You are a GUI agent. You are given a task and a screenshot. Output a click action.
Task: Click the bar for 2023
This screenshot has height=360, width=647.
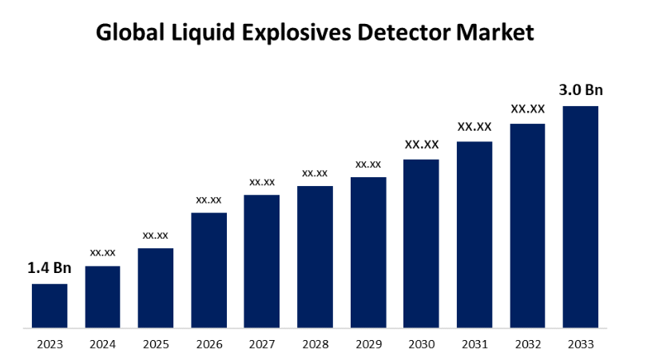coord(50,305)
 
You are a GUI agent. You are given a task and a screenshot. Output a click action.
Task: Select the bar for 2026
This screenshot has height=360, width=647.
coord(208,270)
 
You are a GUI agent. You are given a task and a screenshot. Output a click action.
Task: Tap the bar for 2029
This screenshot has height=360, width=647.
coord(368,251)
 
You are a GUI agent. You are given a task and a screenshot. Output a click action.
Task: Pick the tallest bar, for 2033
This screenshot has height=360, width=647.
coord(581,216)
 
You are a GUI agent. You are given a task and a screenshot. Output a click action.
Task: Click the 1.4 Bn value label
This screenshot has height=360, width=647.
coord(50,268)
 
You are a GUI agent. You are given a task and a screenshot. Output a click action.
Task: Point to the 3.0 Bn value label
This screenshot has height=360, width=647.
coord(581,89)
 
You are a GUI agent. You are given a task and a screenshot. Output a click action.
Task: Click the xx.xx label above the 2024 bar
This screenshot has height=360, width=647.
coord(103,252)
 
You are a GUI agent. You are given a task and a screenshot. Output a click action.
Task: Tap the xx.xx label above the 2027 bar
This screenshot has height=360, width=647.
coord(262,182)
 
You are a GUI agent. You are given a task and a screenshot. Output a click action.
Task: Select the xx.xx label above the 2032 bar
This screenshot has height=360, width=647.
coord(528,109)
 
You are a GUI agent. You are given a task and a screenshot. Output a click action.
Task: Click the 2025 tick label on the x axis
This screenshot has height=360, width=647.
coord(156,344)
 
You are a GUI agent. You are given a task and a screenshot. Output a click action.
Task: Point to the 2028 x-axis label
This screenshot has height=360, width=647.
coord(315,344)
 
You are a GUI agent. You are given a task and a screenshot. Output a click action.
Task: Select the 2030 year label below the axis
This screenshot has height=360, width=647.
coord(421,344)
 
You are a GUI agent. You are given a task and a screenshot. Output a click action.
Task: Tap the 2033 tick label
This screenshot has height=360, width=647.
coord(581,344)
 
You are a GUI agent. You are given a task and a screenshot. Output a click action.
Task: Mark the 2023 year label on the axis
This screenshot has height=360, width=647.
coord(50,344)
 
